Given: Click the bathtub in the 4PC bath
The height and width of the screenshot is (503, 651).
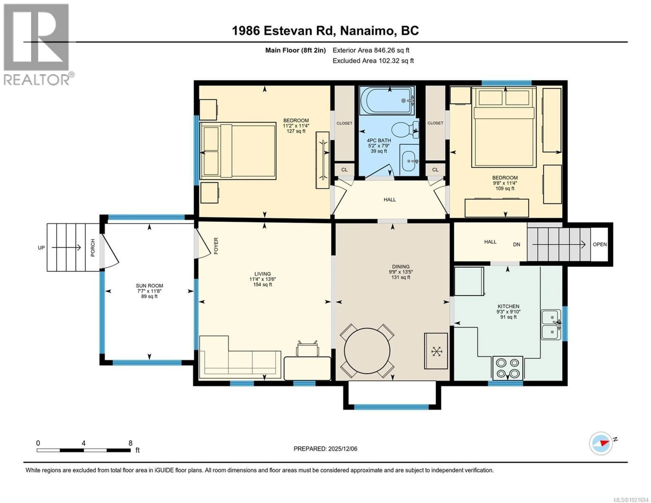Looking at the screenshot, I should tap(387, 101).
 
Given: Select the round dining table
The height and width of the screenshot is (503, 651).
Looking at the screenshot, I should tap(367, 351).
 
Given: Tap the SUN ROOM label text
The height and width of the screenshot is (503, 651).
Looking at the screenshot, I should tap(149, 286).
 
